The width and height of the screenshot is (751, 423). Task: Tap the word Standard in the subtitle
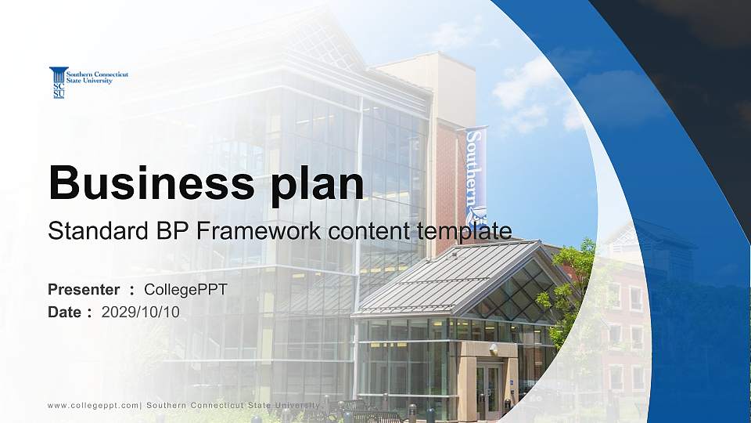(x=88, y=231)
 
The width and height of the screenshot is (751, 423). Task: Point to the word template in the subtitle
(x=467, y=231)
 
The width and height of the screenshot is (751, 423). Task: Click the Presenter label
(x=84, y=290)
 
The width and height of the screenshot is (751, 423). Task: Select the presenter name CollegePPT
(x=185, y=290)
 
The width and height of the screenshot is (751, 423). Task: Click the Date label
(x=65, y=312)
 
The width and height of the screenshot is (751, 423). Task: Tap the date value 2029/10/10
(x=141, y=312)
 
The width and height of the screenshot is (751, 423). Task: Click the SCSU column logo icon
(x=58, y=82)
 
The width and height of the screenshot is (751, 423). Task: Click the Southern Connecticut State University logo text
(x=99, y=76)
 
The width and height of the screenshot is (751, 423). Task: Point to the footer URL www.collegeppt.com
(x=93, y=405)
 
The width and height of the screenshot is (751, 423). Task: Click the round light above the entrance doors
(x=493, y=348)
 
